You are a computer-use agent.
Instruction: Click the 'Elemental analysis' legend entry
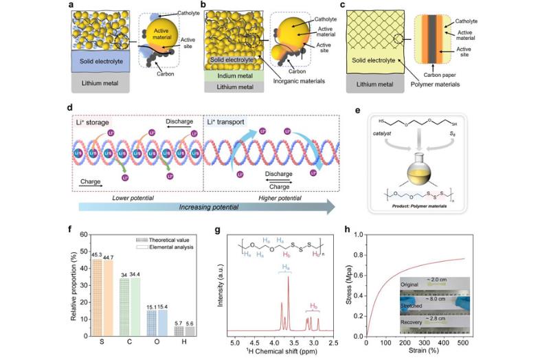click(160, 247)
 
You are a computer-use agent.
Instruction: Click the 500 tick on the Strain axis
click(462, 341)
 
